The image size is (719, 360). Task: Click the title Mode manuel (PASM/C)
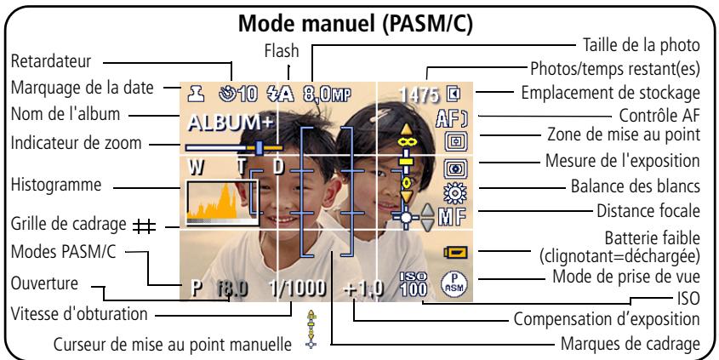(x=355, y=25)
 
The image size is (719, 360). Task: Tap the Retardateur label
(x=51, y=61)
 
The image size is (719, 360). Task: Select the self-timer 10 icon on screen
(x=238, y=94)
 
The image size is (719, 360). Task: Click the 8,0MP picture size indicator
(x=327, y=94)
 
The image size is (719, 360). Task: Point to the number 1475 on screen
(x=419, y=95)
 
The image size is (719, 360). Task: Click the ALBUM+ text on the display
(x=231, y=123)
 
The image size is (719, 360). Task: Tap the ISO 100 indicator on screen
(x=414, y=284)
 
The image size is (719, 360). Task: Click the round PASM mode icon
(x=454, y=284)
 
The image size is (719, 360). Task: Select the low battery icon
(x=455, y=252)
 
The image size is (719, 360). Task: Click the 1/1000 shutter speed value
(x=298, y=289)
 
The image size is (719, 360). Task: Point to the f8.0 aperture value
(x=232, y=289)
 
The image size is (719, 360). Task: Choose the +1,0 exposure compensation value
(x=363, y=289)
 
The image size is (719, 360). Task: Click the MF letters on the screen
(x=452, y=216)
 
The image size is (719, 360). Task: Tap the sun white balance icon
(x=455, y=192)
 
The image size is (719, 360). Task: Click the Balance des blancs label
(x=635, y=186)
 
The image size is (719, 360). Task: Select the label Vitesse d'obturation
(x=79, y=314)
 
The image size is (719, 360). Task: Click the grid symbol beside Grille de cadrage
(x=145, y=226)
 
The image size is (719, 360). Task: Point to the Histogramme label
(x=56, y=185)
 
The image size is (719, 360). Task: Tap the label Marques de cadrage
(x=631, y=343)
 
